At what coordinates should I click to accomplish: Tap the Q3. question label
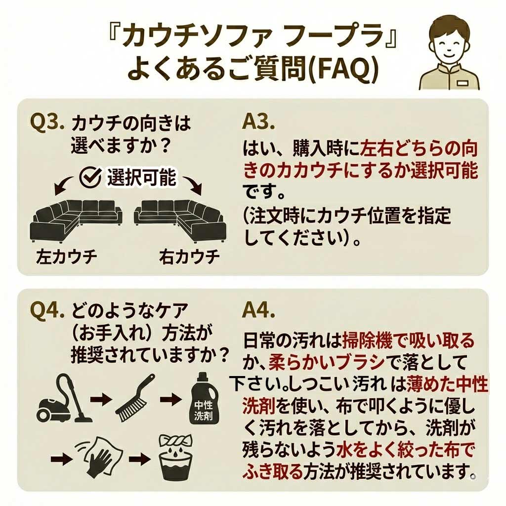pyautogui.click(x=47, y=122)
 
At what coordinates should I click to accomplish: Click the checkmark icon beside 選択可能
pyautogui.click(x=90, y=177)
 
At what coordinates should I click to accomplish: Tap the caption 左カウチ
pyautogui.click(x=66, y=257)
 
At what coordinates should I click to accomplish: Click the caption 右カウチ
pyautogui.click(x=189, y=257)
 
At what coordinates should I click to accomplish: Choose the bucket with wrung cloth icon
pyautogui.click(x=175, y=456)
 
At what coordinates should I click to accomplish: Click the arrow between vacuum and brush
pyautogui.click(x=101, y=400)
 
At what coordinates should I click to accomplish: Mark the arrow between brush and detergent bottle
pyautogui.click(x=170, y=400)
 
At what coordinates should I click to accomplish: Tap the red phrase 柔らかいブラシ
pyautogui.click(x=327, y=362)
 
